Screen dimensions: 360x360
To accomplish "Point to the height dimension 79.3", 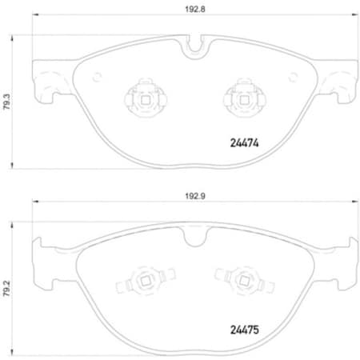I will point(7,102).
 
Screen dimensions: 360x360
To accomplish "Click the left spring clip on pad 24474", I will point(141,98).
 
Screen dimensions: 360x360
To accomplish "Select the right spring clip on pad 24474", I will point(239,98).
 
